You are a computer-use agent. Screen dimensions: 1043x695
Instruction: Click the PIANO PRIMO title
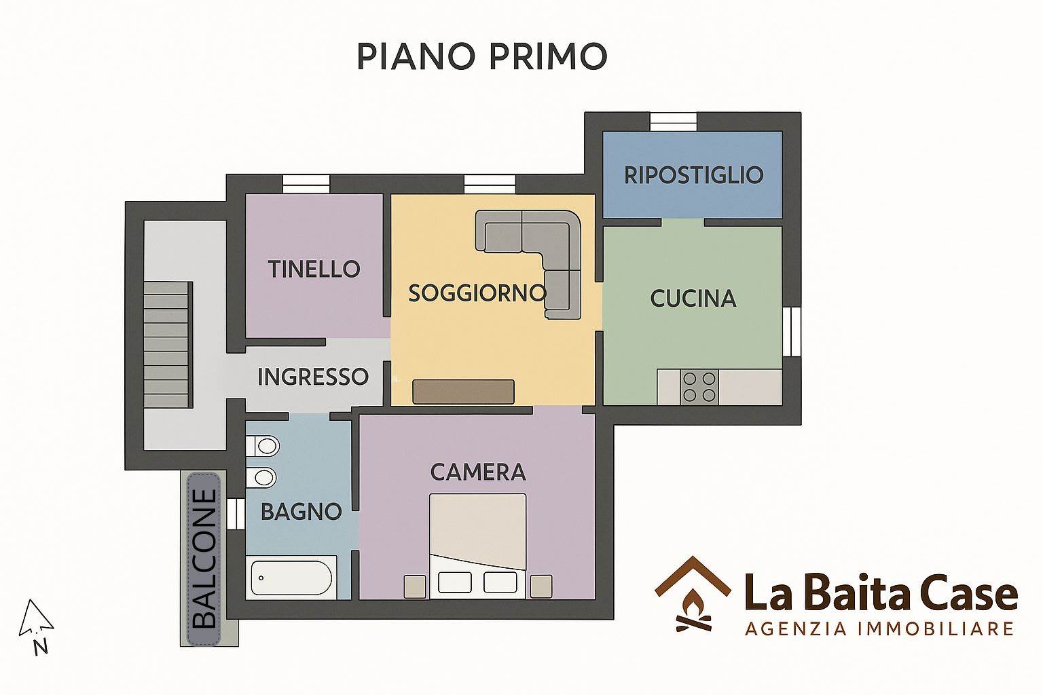[482, 56]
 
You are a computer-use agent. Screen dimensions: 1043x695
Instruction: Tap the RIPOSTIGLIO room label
[693, 175]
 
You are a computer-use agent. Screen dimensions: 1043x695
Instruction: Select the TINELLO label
[314, 269]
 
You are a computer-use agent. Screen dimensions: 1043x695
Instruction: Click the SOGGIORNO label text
[477, 293]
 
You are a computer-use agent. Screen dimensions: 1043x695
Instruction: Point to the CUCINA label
[693, 299]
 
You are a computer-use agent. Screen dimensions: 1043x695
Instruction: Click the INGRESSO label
[313, 377]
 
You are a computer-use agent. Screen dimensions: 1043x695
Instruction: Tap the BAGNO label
[301, 512]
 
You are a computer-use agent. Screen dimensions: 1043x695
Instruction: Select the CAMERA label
[478, 472]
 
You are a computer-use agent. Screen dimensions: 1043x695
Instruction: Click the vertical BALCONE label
[204, 559]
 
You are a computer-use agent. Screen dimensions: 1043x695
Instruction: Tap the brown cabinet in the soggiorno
[463, 392]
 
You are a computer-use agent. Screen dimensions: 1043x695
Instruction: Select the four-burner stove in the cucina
[699, 387]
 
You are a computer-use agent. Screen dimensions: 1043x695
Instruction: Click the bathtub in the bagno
[291, 578]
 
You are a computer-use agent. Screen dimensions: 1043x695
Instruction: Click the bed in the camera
[478, 546]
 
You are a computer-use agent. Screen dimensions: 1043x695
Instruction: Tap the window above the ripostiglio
[674, 122]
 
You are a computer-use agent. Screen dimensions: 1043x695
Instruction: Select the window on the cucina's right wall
[792, 331]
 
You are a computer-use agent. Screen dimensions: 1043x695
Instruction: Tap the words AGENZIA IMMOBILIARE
[879, 629]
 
